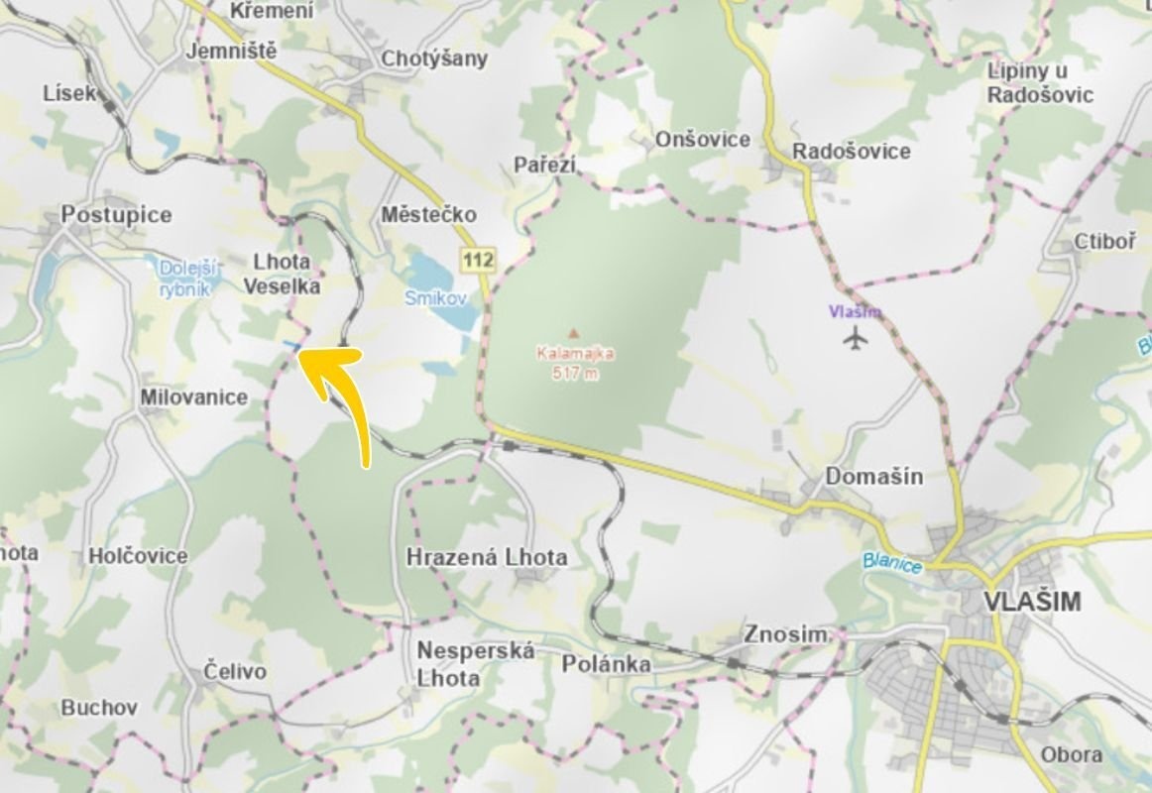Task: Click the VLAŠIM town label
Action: [1031, 602]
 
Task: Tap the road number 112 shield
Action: [478, 260]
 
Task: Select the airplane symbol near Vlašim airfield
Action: [855, 338]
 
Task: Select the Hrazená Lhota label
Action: [487, 557]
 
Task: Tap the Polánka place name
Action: [607, 663]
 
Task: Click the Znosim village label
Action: [785, 634]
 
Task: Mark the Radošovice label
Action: [851, 151]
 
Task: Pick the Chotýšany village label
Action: [434, 58]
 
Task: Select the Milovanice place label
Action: [193, 396]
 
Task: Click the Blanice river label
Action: [892, 563]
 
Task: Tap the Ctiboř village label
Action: [1105, 243]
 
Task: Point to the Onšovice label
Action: [703, 140]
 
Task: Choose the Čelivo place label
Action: [235, 671]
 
